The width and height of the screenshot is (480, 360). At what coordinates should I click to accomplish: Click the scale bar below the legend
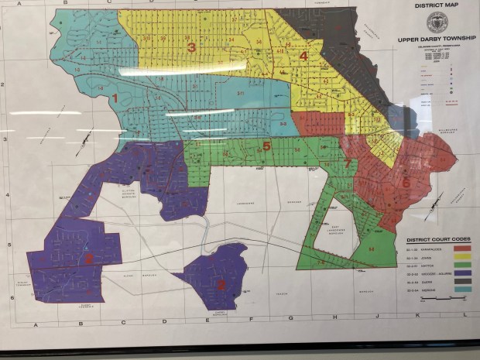click(433, 308)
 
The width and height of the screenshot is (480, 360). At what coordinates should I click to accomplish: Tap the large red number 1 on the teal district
click(115, 98)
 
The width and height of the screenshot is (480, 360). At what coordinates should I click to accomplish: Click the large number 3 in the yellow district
click(191, 48)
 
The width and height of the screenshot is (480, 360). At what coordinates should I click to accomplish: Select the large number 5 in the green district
click(266, 146)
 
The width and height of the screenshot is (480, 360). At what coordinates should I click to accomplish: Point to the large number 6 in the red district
click(406, 182)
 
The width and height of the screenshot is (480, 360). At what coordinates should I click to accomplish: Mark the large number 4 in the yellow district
click(303, 57)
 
